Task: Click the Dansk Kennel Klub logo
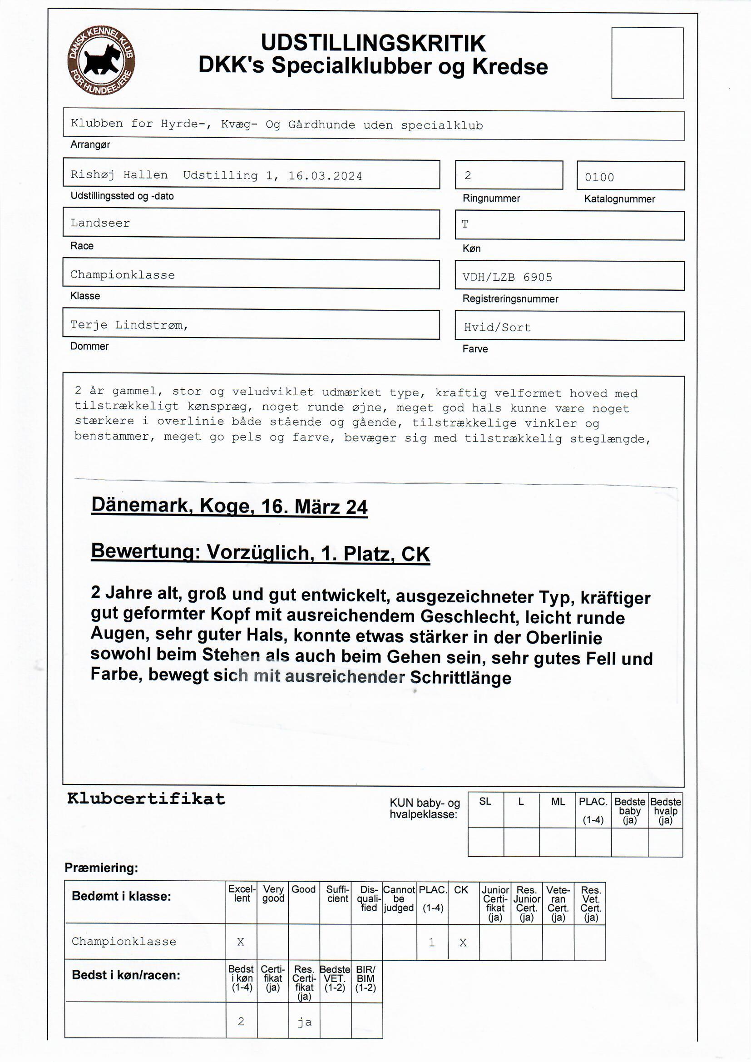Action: [x=101, y=60]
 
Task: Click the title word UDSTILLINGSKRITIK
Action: [x=373, y=43]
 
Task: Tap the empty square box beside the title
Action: [x=647, y=63]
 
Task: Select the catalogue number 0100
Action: [x=599, y=177]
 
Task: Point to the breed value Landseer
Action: [x=100, y=223]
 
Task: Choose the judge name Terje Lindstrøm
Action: [x=129, y=325]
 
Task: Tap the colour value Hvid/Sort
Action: [x=497, y=328]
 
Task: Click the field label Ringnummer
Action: [x=491, y=199]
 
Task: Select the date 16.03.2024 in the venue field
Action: [x=325, y=176]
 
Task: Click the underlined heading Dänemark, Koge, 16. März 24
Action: [x=229, y=506]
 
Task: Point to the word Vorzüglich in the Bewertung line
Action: [x=258, y=553]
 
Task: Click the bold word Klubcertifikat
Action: [x=146, y=799]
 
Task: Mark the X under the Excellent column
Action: [x=241, y=942]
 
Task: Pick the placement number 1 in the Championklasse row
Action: [x=432, y=943]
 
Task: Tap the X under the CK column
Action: [x=463, y=943]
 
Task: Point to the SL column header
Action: [x=485, y=802]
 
